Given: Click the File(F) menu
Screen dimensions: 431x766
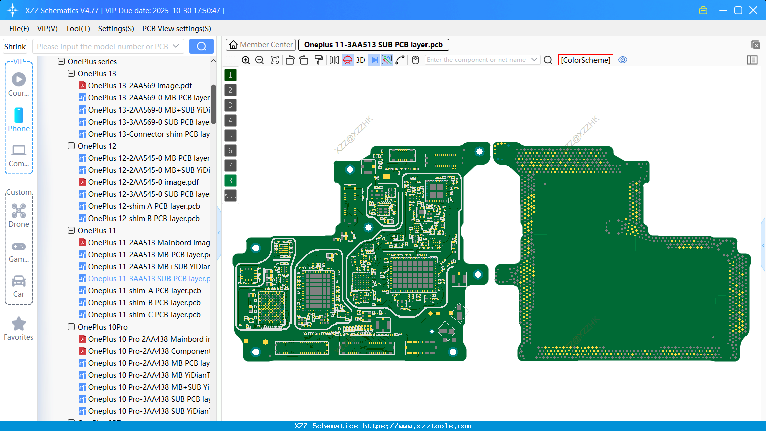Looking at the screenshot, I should pos(19,29).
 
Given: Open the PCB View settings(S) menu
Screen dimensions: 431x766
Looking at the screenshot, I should pos(177,29).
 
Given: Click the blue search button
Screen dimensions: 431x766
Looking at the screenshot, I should pos(201,46).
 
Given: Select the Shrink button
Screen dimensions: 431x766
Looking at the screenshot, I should pos(15,46).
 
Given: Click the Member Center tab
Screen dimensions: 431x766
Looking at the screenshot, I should pos(261,45).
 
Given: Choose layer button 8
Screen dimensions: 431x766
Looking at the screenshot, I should pos(230,180).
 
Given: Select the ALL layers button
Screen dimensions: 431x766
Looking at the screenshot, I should pos(230,195).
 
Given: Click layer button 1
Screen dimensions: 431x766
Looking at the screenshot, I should pos(230,75).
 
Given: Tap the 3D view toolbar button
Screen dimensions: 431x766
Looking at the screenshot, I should pos(360,60).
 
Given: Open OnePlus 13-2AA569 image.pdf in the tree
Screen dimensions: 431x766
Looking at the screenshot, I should pos(139,86).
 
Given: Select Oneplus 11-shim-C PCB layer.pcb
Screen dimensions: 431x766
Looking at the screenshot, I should pos(144,315).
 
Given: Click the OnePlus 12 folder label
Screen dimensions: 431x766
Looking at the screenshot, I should pos(97,146).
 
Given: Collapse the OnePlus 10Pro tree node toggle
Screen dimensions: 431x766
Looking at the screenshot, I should pos(71,327).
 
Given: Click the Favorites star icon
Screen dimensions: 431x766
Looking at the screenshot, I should pos(19,324).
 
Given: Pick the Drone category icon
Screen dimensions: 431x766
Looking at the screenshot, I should pos(19,211).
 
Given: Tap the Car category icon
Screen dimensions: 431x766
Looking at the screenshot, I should pos(19,281).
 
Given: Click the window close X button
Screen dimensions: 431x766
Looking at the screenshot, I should pos(753,10).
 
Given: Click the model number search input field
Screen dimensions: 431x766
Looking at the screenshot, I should pos(103,46).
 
